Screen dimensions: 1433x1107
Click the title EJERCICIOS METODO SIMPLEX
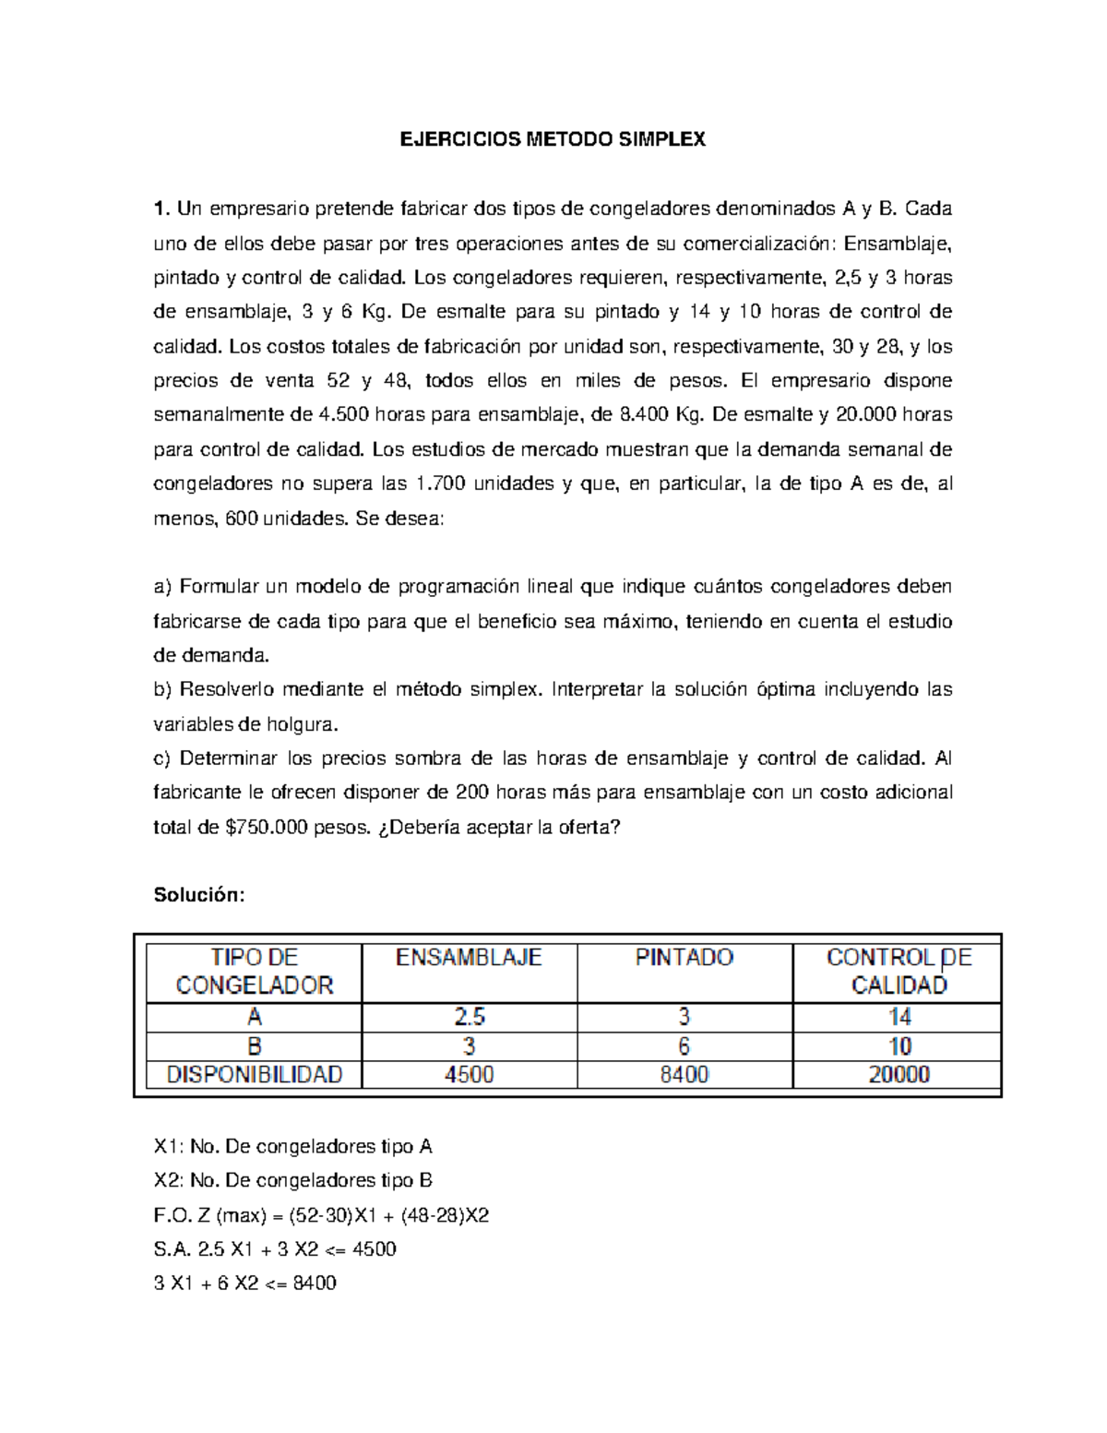[x=552, y=139]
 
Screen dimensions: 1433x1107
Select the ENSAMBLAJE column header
[x=469, y=958]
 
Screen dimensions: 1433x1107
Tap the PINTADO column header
[x=684, y=958]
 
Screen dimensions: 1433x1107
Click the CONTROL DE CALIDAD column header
[x=899, y=972]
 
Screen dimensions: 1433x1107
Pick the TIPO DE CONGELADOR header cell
[x=254, y=972]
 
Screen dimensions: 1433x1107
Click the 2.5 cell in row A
[x=469, y=1018]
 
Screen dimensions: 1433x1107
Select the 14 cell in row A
[x=899, y=1018]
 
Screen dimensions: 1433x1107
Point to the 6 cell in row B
[x=684, y=1046]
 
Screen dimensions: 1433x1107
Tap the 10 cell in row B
[x=899, y=1046]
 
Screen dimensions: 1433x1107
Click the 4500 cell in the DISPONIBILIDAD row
[x=469, y=1075]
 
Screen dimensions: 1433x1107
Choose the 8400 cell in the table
[x=684, y=1075]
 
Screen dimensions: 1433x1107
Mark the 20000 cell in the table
[x=899, y=1075]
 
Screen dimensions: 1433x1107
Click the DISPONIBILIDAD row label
[x=254, y=1075]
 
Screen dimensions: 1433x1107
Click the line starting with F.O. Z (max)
[x=321, y=1215]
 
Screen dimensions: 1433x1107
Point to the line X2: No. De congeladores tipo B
[x=292, y=1180]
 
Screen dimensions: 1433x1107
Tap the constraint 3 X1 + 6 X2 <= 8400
[x=244, y=1284]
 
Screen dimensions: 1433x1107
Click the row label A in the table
[x=254, y=1018]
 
